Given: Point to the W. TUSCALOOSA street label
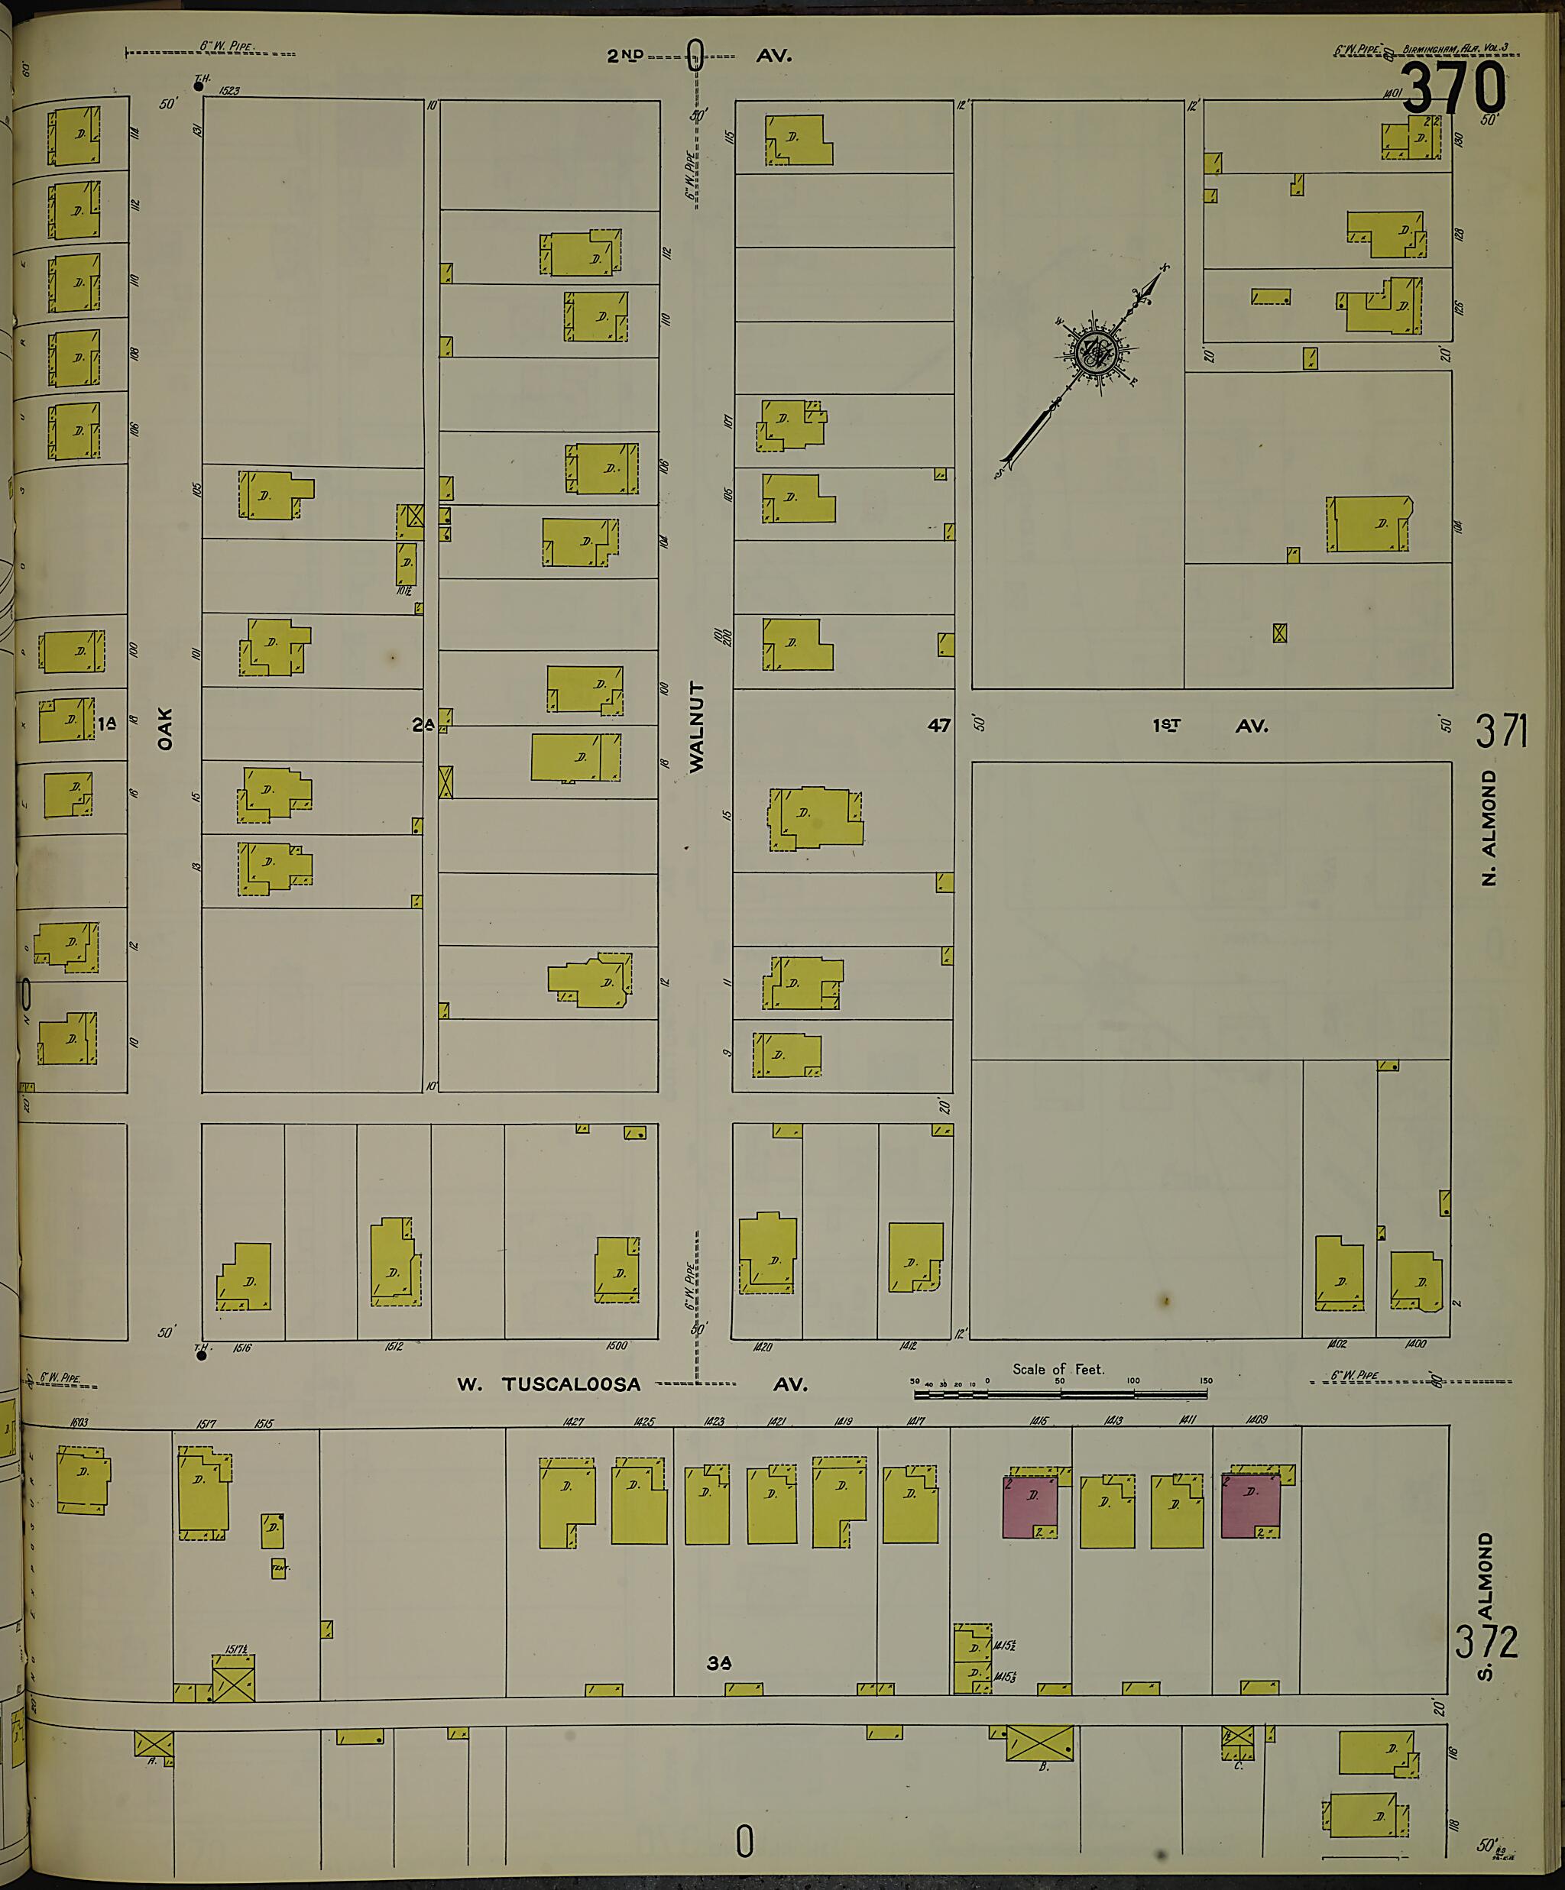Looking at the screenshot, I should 549,1385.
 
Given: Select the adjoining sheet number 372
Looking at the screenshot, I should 1486,1641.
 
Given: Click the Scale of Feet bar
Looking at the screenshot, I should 1060,1394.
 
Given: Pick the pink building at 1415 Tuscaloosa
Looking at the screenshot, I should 1030,1505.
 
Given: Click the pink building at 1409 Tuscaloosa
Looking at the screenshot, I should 1250,1505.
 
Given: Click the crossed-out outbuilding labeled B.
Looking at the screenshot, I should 1039,1743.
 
